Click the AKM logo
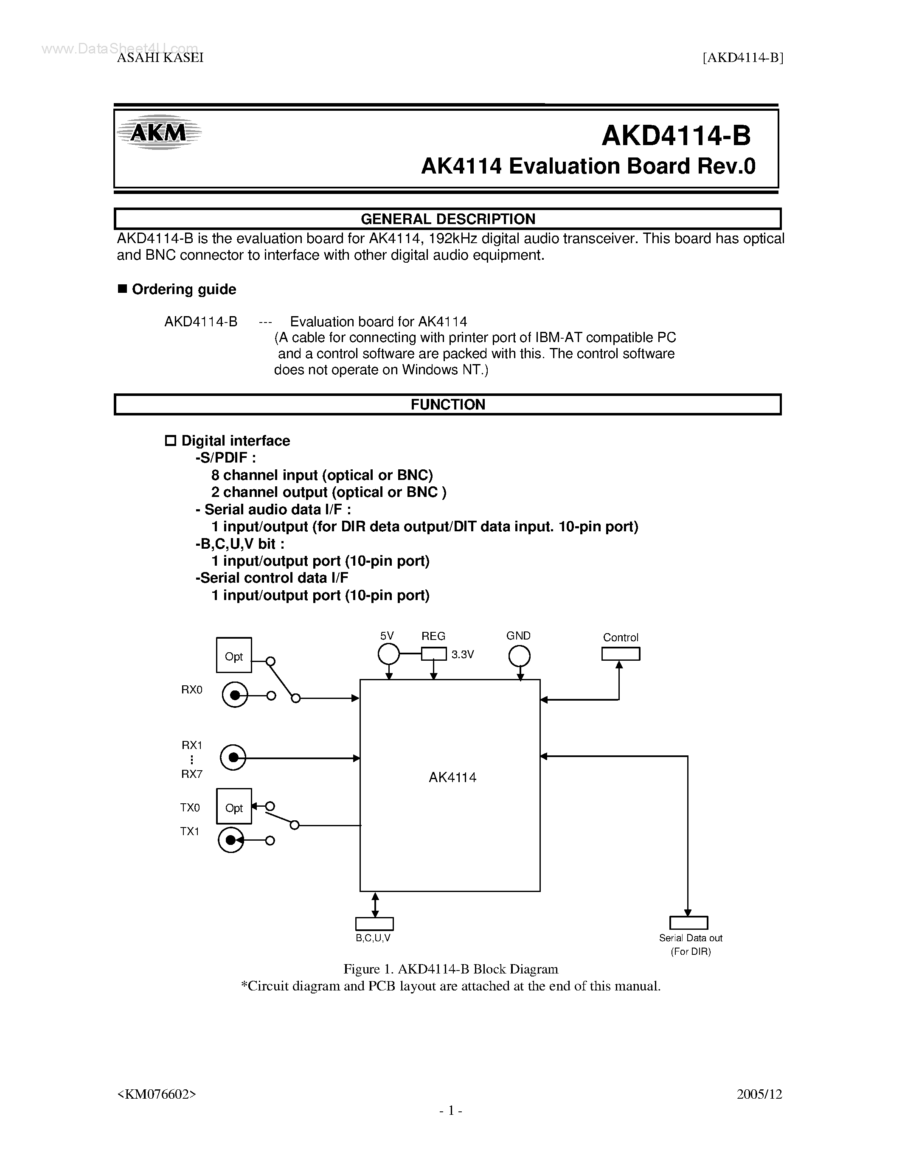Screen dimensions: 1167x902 click(159, 132)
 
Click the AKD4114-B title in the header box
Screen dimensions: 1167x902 click(675, 136)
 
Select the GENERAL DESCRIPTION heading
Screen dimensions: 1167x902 click(448, 219)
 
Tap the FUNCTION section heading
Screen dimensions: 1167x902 click(448, 404)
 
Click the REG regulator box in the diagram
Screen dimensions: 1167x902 click(433, 654)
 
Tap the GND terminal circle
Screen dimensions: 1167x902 click(519, 656)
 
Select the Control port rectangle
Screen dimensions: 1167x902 click(621, 654)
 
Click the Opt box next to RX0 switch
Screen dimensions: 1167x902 click(234, 655)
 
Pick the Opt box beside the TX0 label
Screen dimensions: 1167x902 click(234, 806)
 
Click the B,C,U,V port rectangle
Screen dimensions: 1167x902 click(374, 924)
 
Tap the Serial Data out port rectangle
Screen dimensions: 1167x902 click(688, 923)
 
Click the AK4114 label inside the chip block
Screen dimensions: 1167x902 click(452, 777)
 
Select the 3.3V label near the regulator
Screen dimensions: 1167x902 click(462, 654)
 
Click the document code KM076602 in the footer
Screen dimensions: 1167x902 click(157, 1094)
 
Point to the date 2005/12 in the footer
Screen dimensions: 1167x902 click(759, 1094)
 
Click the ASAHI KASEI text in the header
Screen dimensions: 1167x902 click(160, 58)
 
